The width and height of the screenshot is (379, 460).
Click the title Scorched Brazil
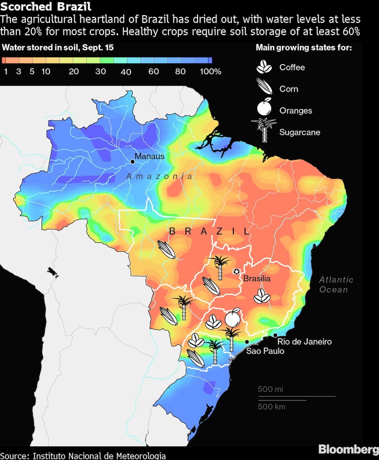pyautogui.click(x=46, y=7)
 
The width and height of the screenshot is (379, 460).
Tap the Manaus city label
pyautogui.click(x=149, y=156)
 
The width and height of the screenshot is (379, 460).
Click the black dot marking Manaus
pyautogui.click(x=132, y=162)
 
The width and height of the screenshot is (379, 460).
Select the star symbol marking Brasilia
pyautogui.click(x=236, y=271)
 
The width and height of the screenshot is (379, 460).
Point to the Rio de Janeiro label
pyautogui.click(x=304, y=341)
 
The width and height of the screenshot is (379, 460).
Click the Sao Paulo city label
pyautogui.click(x=265, y=351)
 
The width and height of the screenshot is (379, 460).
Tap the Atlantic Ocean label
pyautogui.click(x=336, y=285)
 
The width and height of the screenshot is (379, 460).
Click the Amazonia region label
pyautogui.click(x=159, y=176)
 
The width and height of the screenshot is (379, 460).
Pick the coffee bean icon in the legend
pyautogui.click(x=264, y=67)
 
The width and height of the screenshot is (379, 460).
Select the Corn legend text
pyautogui.click(x=289, y=89)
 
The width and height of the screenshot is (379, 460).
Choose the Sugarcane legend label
pyautogui.click(x=300, y=132)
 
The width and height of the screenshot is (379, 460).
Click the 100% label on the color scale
pyautogui.click(x=210, y=71)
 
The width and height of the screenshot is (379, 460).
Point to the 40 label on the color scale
pyautogui.click(x=126, y=72)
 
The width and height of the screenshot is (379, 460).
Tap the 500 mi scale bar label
pyautogui.click(x=270, y=389)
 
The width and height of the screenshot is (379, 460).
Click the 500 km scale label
pyautogui.click(x=271, y=407)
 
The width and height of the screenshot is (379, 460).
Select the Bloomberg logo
pyautogui.click(x=348, y=449)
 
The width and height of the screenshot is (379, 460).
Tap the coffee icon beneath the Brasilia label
pyautogui.click(x=262, y=296)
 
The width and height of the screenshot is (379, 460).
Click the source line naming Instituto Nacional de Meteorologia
pyautogui.click(x=83, y=455)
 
